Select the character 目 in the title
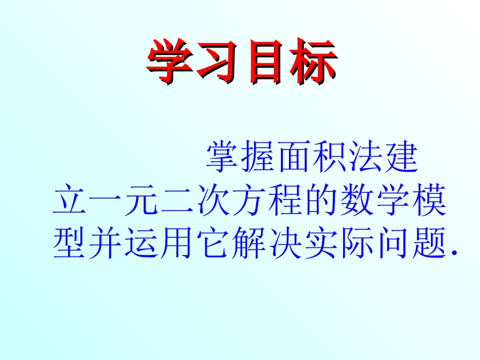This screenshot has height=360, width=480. [265, 62]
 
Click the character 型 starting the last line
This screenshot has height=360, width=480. [70, 244]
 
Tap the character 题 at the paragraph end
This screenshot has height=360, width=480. [429, 244]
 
